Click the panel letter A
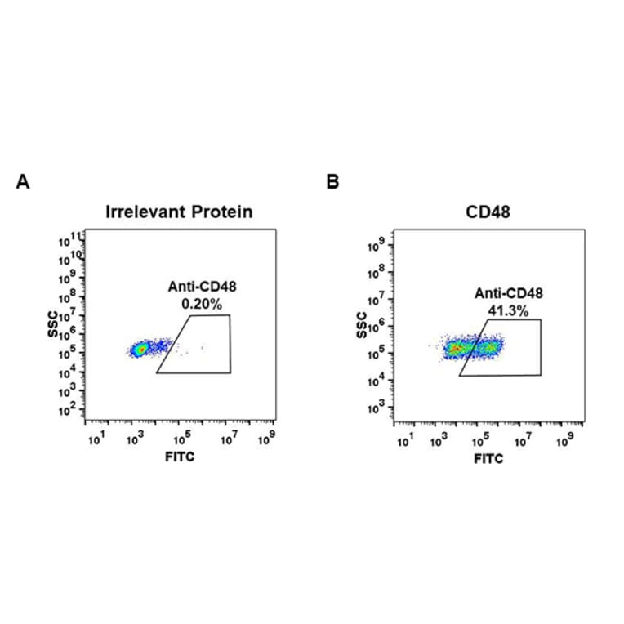tap(23, 182)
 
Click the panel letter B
tap(332, 182)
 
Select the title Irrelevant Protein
tap(179, 212)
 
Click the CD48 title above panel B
tap(488, 212)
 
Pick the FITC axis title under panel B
tap(488, 458)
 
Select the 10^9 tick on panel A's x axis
tap(266, 440)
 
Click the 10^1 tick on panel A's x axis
tap(95, 440)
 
